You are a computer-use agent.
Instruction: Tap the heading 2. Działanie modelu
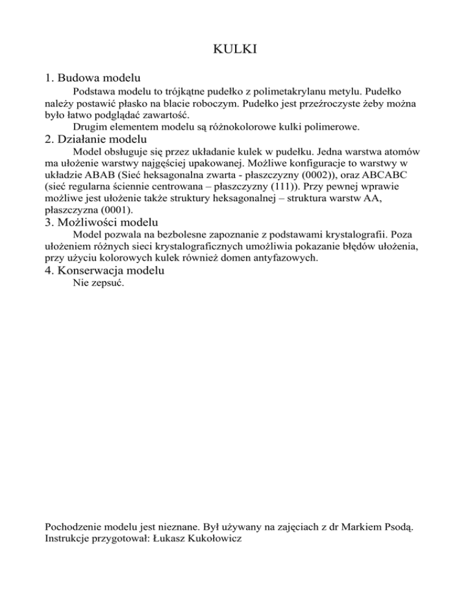click(x=96, y=139)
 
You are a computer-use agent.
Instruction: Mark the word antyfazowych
click(x=303, y=258)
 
